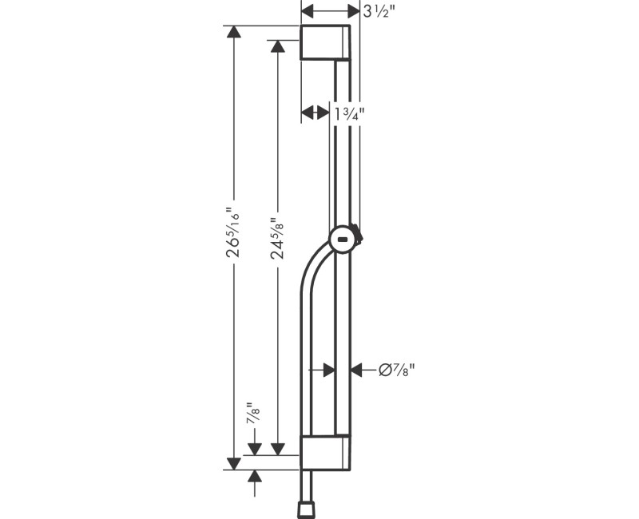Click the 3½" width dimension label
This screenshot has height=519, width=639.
[x=380, y=11]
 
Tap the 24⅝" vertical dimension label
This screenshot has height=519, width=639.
[x=277, y=239]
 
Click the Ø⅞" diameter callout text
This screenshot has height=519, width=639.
[x=398, y=370]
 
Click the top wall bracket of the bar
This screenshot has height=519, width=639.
[x=325, y=42]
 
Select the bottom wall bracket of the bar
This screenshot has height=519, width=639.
[x=325, y=453]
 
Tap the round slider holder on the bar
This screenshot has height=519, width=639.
[x=343, y=238]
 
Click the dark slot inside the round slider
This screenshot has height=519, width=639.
[x=343, y=238]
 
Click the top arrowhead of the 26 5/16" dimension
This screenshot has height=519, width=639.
[x=233, y=33]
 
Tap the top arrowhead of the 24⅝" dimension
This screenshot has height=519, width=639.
[x=277, y=47]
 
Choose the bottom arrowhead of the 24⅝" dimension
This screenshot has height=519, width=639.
[x=277, y=449]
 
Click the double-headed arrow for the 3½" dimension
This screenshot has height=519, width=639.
[x=331, y=11]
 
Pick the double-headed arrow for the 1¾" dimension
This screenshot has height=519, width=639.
[x=316, y=113]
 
